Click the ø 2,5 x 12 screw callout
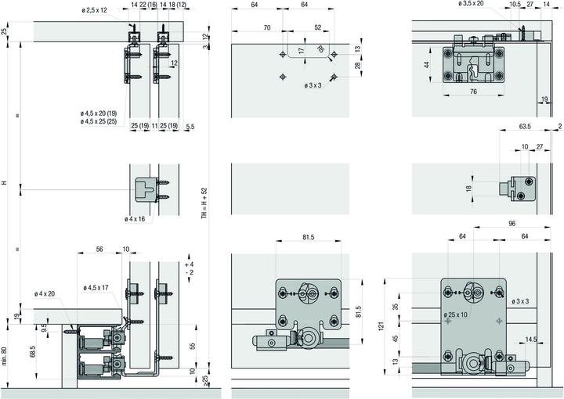point(94,10)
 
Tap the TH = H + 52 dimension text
point(204,203)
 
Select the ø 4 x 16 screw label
point(135,219)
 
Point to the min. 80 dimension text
point(5,356)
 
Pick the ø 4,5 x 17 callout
point(96,288)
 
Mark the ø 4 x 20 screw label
point(45,293)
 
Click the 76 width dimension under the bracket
point(473,92)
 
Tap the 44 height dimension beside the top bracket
point(427,65)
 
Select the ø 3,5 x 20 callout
point(471,3)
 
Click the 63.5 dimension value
point(525,127)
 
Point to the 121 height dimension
point(381,326)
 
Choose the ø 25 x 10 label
point(455,315)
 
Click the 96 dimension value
point(512,224)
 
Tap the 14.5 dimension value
point(531,339)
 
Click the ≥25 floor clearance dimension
point(205,381)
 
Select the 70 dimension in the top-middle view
point(267,27)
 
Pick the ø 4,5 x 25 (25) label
point(99,121)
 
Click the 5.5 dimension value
point(190,127)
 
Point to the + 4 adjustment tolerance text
point(190,264)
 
